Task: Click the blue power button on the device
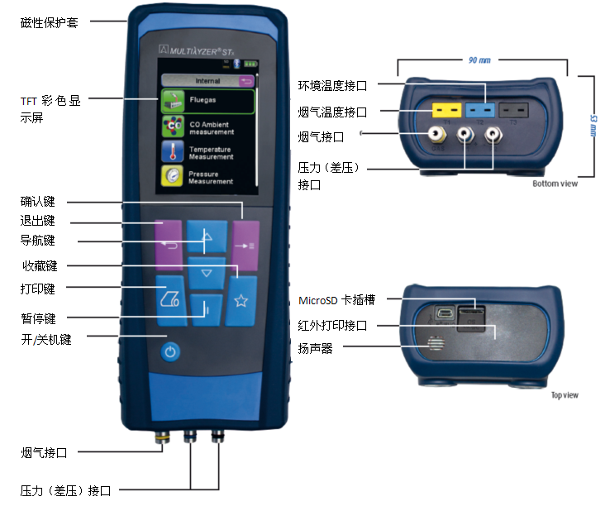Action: coord(169,351)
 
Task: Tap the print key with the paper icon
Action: coord(171,297)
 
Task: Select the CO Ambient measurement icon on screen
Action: coord(173,127)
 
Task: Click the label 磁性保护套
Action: coord(50,22)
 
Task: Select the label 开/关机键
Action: coord(46,340)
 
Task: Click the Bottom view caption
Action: coord(555,184)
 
